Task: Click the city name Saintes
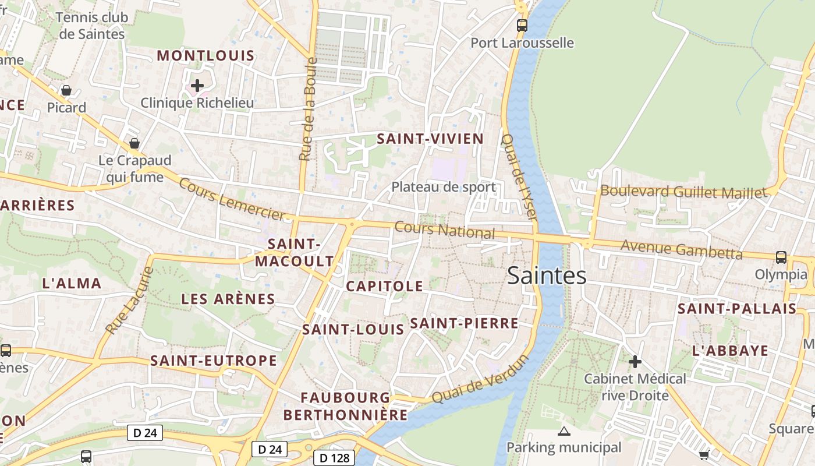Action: [x=547, y=275]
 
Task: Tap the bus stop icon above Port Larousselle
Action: [x=522, y=26]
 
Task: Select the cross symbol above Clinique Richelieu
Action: [x=197, y=86]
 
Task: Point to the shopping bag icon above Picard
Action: [x=66, y=90]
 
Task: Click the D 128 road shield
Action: [x=334, y=458]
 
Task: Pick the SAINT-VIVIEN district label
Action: [x=430, y=139]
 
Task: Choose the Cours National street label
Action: [x=445, y=230]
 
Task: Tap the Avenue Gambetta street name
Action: [x=681, y=249]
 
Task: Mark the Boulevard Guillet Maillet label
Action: [x=684, y=192]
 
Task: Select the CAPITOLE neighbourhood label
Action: [x=384, y=286]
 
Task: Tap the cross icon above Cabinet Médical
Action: [x=635, y=362]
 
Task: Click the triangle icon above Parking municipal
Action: [x=564, y=432]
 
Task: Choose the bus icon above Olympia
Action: [x=781, y=257]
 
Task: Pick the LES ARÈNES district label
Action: [x=228, y=299]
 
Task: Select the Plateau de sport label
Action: [x=444, y=187]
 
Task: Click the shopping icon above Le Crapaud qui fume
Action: [x=134, y=143]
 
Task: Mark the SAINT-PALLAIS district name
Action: [x=736, y=309]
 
